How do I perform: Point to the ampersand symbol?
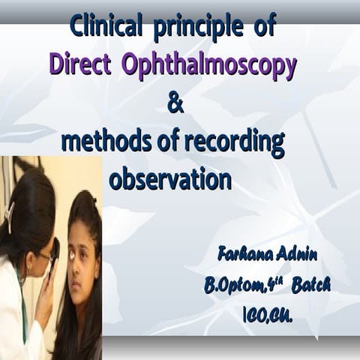(175, 104)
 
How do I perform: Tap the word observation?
(169, 180)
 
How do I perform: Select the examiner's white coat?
(19, 315)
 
